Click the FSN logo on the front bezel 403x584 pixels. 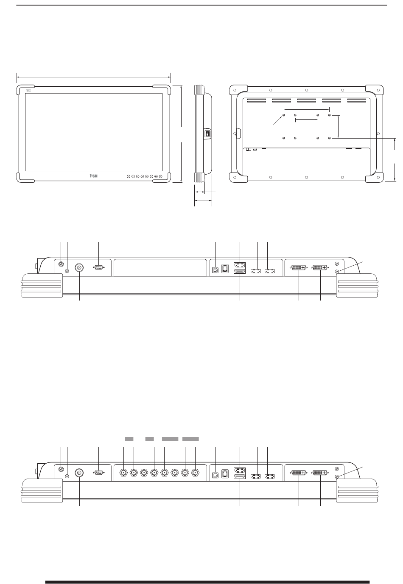coord(93,176)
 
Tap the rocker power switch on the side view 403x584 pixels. coord(207,134)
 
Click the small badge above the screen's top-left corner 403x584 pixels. coord(28,91)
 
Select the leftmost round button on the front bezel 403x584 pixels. coord(128,176)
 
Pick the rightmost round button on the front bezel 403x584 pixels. coord(161,176)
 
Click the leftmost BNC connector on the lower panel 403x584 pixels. coord(123,472)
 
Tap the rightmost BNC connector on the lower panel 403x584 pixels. coord(195,472)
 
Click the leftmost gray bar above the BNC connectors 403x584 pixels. coord(129,439)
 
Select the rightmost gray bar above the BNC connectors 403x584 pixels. coord(190,439)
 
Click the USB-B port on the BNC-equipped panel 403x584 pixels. coord(215,475)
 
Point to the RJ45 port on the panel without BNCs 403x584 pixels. coord(225,269)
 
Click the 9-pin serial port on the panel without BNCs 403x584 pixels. coord(98,267)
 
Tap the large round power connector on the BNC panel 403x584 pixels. coord(79,473)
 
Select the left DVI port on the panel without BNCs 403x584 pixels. coord(299,267)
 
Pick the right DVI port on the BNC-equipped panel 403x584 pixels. coord(320,473)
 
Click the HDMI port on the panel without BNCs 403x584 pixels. coord(240,272)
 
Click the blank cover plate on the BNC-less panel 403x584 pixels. coord(160,267)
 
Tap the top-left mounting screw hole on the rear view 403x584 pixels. coord(283,115)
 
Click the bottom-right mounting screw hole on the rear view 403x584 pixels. coord(329,138)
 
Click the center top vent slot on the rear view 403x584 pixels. coord(306,100)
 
